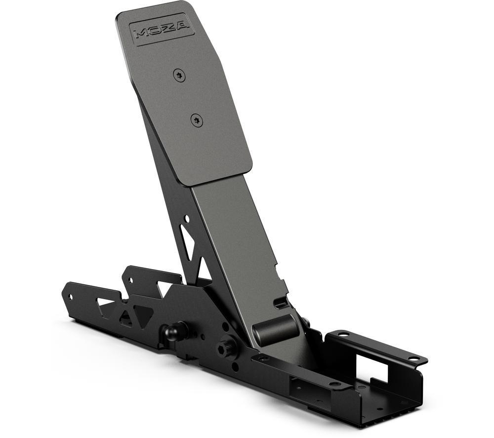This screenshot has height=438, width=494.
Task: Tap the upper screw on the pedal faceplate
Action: coord(179,76)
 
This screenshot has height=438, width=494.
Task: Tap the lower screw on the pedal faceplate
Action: coord(197,120)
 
